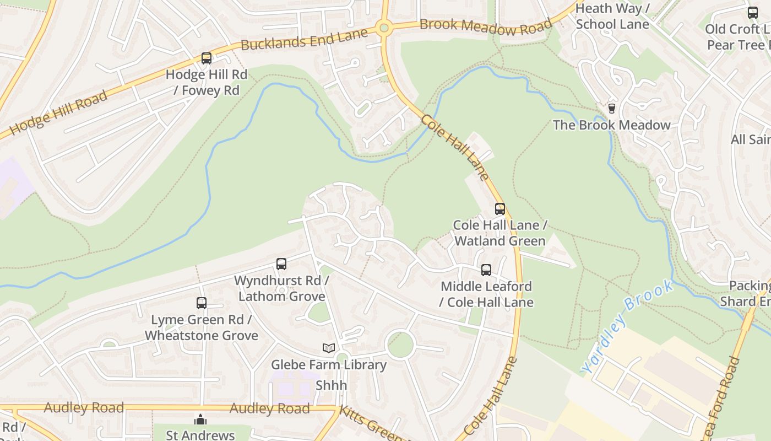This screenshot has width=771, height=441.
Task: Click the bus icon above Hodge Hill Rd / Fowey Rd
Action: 207,58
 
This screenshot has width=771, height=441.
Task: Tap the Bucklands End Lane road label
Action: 304,39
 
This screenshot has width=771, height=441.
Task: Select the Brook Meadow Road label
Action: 485,26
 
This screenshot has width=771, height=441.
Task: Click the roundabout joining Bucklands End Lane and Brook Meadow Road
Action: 384,28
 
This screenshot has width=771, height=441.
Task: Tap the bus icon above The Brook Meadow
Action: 611,109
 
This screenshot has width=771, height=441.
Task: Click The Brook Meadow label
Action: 611,125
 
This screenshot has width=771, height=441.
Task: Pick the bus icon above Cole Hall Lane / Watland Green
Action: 499,209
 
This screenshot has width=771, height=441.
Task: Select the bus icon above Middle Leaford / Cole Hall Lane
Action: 486,270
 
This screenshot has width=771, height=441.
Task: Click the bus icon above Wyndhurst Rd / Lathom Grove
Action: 281,264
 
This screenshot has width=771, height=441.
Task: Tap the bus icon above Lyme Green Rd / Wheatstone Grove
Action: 202,303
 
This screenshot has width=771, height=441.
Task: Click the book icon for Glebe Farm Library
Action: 329,348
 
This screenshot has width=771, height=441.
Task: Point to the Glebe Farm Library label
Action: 329,365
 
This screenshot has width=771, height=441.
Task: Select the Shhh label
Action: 331,385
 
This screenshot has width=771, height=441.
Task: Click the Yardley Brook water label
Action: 628,326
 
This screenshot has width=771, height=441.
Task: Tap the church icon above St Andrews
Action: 200,420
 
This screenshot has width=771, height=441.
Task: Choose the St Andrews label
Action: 200,435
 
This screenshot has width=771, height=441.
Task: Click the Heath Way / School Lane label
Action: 612,17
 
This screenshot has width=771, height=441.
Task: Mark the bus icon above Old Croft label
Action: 752,13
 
